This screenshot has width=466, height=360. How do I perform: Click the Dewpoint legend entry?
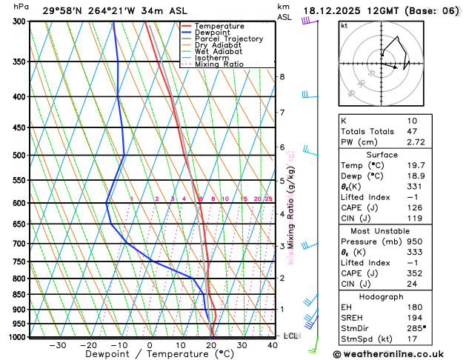click(214, 33)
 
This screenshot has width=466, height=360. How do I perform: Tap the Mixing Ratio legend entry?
click(219, 64)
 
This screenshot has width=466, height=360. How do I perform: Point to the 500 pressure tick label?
click(19, 156)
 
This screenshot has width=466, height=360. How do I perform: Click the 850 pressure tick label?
click(19, 295)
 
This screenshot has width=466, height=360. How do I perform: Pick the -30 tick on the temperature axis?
click(57, 345)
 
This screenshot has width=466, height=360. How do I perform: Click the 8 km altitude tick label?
click(282, 77)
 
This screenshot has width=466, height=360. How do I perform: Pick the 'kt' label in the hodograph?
click(344, 25)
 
